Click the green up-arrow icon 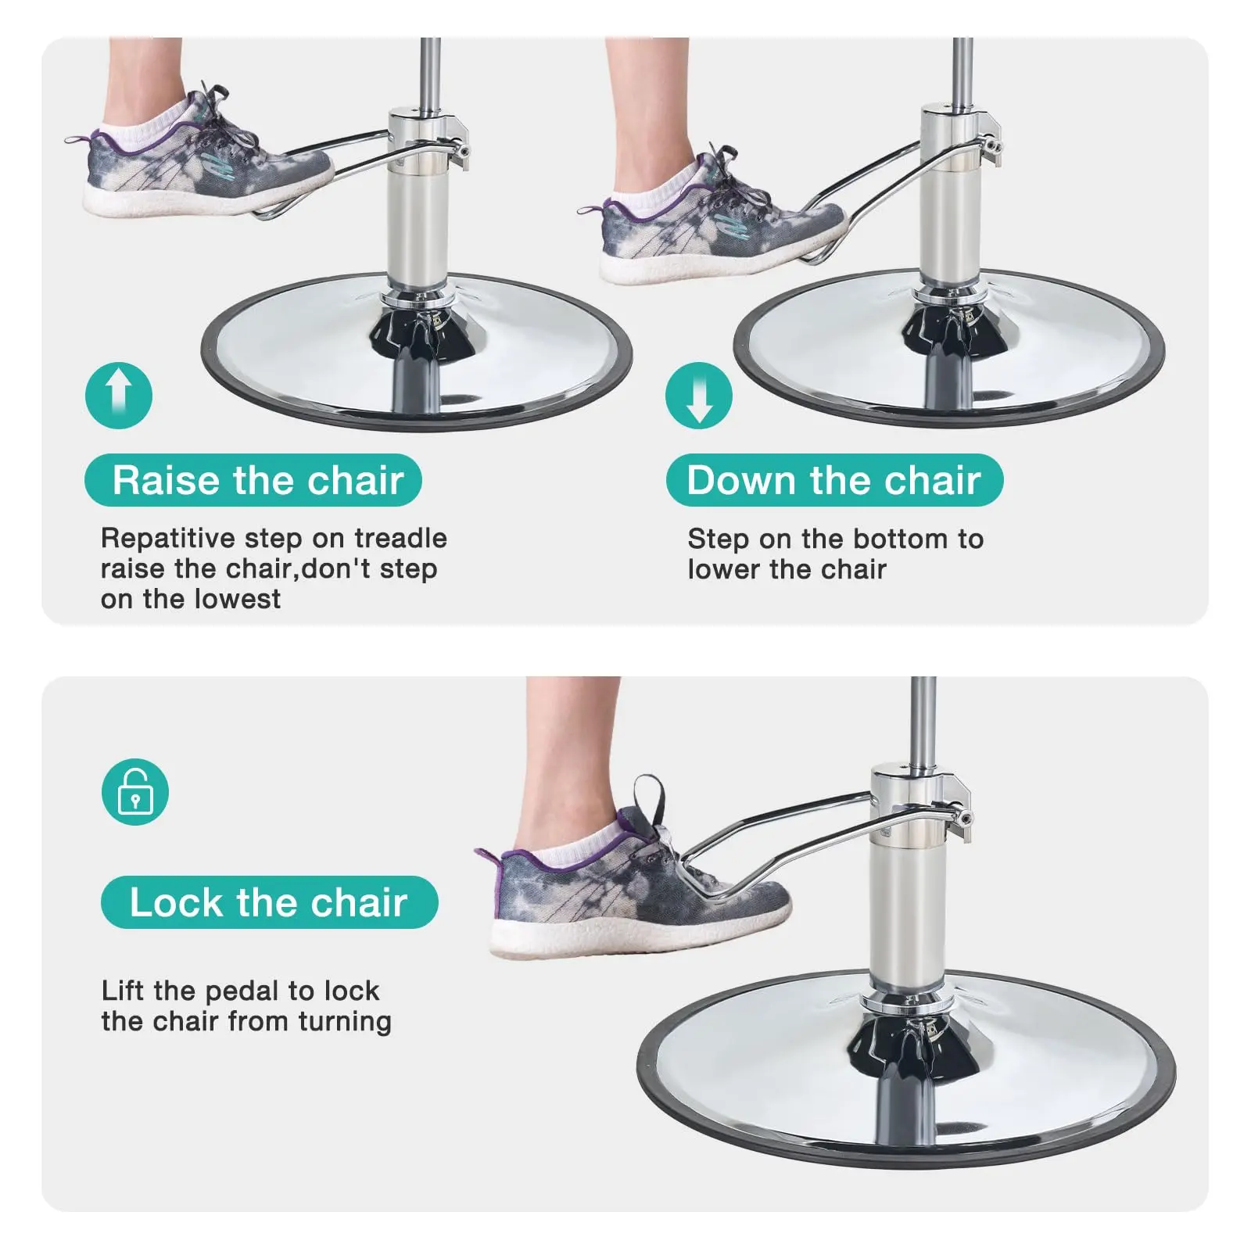119,395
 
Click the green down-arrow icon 699,395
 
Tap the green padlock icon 135,791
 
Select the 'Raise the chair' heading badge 253,480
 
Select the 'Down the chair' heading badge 834,480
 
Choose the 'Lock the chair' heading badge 270,902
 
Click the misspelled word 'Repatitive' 168,539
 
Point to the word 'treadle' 400,538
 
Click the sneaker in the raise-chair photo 207,160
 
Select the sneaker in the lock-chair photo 633,876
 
